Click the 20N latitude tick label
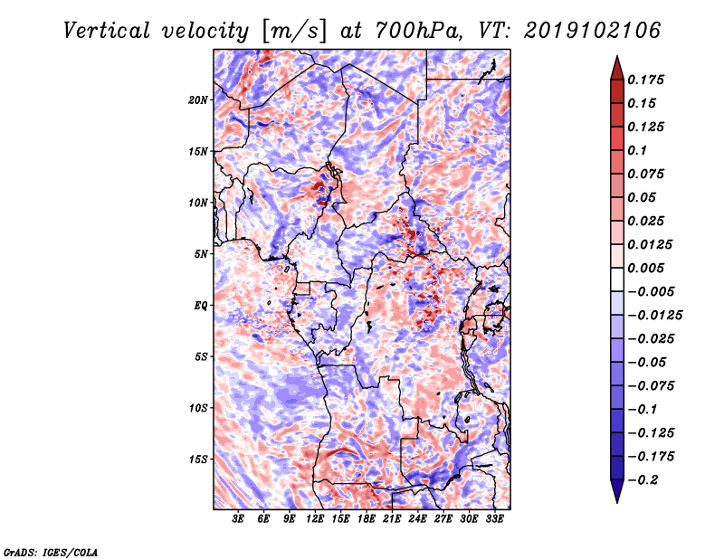point(198,99)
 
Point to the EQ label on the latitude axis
point(201,306)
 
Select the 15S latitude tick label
point(198,460)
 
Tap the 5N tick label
point(201,254)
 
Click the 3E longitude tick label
point(239,520)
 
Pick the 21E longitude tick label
point(393,520)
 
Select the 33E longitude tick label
point(495,520)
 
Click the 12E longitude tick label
point(316,520)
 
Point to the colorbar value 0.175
point(648,80)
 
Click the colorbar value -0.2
point(646,479)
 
